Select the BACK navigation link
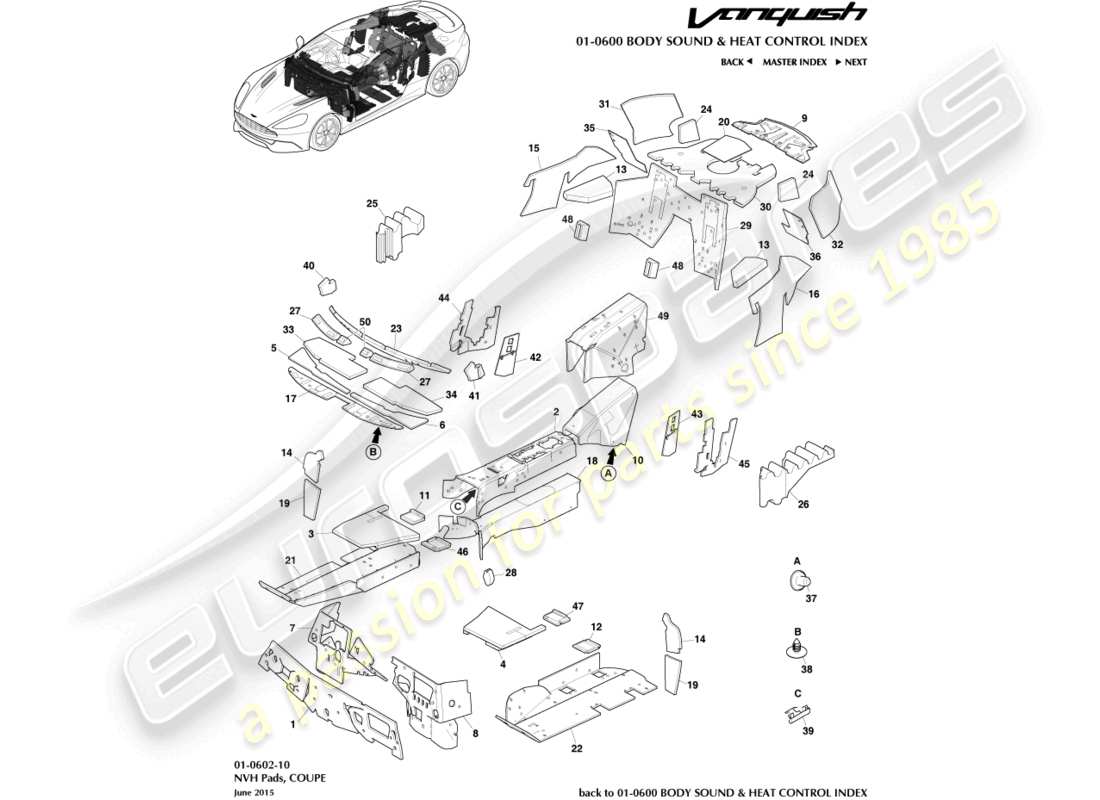tap(736, 62)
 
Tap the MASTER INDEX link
tap(794, 62)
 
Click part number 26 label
tap(802, 505)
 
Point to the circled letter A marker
tap(607, 476)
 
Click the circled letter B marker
tap(373, 452)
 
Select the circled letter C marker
tap(457, 506)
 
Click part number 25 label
tap(372, 204)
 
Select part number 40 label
tap(309, 266)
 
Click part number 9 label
tap(803, 118)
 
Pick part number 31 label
tap(604, 104)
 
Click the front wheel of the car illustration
tap(324, 131)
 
